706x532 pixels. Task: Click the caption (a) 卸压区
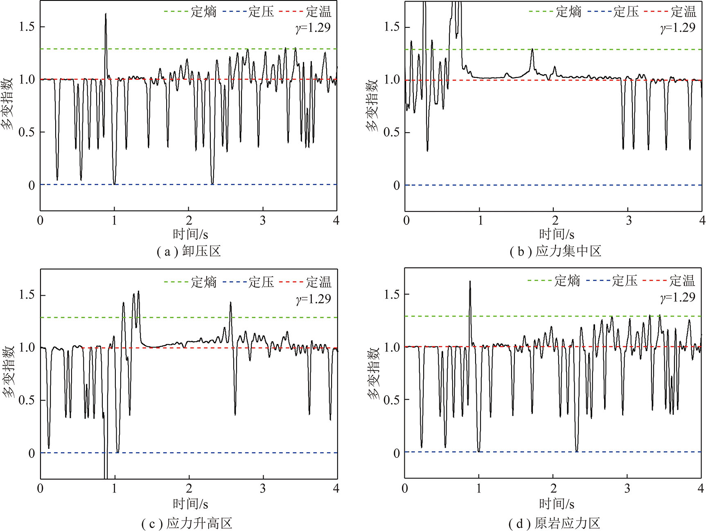(x=189, y=251)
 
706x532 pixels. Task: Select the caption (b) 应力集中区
(x=555, y=251)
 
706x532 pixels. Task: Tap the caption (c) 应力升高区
(x=187, y=523)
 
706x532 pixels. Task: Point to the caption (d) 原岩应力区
(x=554, y=523)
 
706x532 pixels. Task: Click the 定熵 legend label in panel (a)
(x=203, y=11)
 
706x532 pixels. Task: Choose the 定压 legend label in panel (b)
(x=626, y=11)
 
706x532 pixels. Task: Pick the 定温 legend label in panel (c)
(x=318, y=282)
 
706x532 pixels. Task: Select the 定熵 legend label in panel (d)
(x=567, y=281)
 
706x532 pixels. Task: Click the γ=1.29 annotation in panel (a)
(x=313, y=28)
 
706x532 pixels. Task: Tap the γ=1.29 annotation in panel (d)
(x=678, y=297)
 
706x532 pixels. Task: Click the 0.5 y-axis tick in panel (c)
(x=27, y=400)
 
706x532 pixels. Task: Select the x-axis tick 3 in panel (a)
(x=263, y=221)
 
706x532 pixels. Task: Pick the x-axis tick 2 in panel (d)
(x=553, y=488)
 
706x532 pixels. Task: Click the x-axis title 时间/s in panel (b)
(x=557, y=234)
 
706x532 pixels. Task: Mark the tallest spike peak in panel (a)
(x=106, y=14)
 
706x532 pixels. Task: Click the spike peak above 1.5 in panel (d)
(x=470, y=281)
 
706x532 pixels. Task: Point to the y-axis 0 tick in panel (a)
(x=32, y=186)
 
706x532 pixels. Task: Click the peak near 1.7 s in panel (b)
(x=532, y=49)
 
